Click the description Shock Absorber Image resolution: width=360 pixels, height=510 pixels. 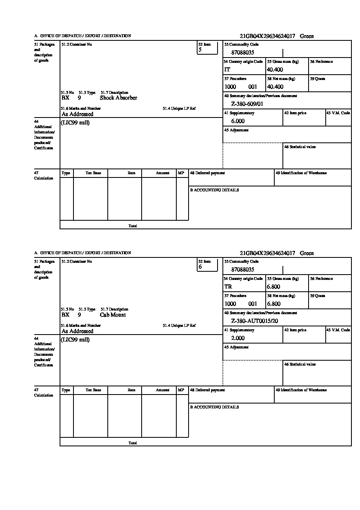(118, 98)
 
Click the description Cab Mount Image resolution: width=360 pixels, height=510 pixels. (113, 315)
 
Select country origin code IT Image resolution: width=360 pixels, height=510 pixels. (227, 70)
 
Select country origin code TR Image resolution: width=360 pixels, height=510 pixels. (228, 287)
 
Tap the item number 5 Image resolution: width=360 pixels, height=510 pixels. (200, 50)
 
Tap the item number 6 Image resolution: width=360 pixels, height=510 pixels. (200, 267)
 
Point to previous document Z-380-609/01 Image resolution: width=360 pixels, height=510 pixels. (247, 104)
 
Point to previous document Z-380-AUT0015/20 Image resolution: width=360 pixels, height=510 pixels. (254, 321)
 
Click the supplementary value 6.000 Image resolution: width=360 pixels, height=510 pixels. (238, 121)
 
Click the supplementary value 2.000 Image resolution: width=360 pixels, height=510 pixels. (238, 338)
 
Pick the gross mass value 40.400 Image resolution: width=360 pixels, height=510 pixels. (275, 70)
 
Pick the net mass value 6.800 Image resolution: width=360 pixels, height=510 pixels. (273, 304)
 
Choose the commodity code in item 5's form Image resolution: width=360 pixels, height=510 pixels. (242, 53)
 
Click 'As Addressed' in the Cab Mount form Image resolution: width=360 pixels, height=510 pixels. (78, 331)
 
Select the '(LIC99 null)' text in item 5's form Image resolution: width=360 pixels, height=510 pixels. (76, 123)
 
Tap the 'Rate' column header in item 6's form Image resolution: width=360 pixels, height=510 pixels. (131, 390)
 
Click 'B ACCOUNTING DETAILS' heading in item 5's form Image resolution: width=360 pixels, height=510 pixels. (214, 190)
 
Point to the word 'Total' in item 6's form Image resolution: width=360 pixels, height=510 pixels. (133, 443)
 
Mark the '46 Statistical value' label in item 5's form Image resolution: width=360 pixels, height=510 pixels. (300, 147)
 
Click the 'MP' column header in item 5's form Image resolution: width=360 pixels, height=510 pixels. (181, 173)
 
